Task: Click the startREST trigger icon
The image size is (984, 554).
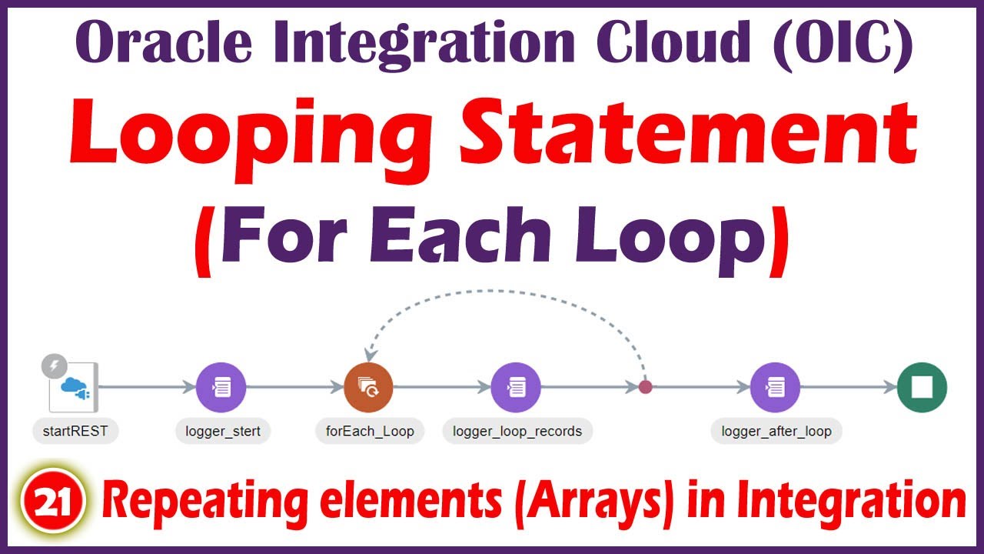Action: pyautogui.click(x=74, y=389)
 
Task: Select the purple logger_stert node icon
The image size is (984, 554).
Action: pyautogui.click(x=221, y=388)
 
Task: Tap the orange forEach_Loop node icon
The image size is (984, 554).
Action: pyautogui.click(x=369, y=388)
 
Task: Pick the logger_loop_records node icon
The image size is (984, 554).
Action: pyautogui.click(x=516, y=388)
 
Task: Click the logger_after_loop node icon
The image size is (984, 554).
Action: pyautogui.click(x=775, y=388)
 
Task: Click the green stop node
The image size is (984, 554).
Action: pyautogui.click(x=922, y=388)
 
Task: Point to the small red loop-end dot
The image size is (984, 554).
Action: pyautogui.click(x=646, y=387)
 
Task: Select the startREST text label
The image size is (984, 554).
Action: pyautogui.click(x=75, y=431)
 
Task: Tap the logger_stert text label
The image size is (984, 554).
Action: pyautogui.click(x=223, y=431)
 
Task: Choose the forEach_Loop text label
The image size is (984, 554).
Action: pyautogui.click(x=370, y=431)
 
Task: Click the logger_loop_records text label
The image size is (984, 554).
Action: pyautogui.click(x=517, y=431)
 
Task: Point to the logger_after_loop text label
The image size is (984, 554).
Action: pyautogui.click(x=776, y=431)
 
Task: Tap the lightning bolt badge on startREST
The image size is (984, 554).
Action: pyautogui.click(x=54, y=366)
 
